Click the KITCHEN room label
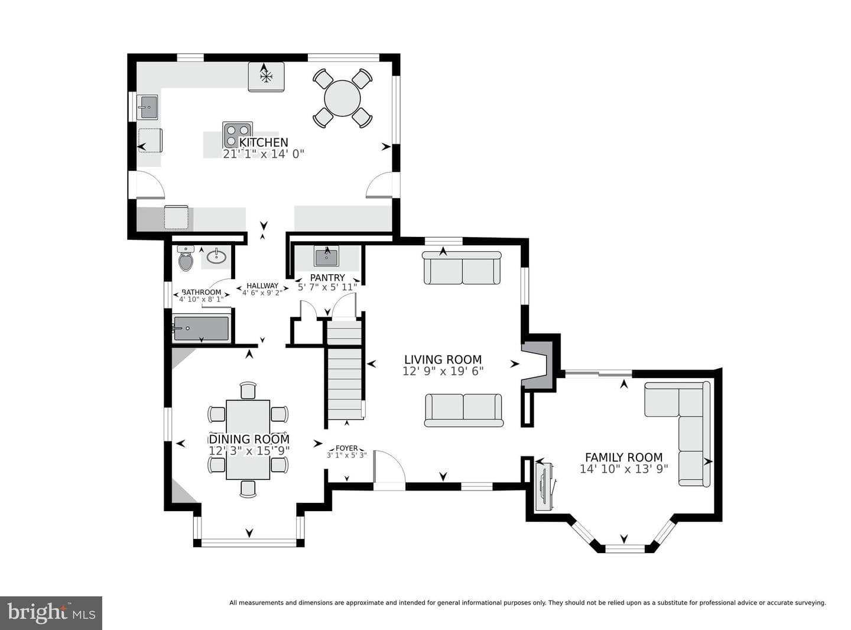[x=263, y=142]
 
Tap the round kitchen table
[x=342, y=99]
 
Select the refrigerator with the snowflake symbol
[x=266, y=77]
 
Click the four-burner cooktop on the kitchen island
[x=237, y=135]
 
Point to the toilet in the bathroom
[x=186, y=259]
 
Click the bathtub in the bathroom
[x=202, y=329]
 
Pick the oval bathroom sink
[x=216, y=256]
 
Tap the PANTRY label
[x=327, y=277]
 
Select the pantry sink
[x=326, y=256]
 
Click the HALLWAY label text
[x=262, y=286]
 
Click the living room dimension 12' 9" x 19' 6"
[x=443, y=371]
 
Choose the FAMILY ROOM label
[x=624, y=457]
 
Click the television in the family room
[x=544, y=487]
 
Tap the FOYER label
[x=346, y=448]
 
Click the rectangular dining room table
[x=248, y=440]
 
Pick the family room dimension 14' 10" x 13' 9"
[x=624, y=469]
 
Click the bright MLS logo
[x=51, y=613]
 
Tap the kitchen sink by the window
[x=148, y=107]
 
